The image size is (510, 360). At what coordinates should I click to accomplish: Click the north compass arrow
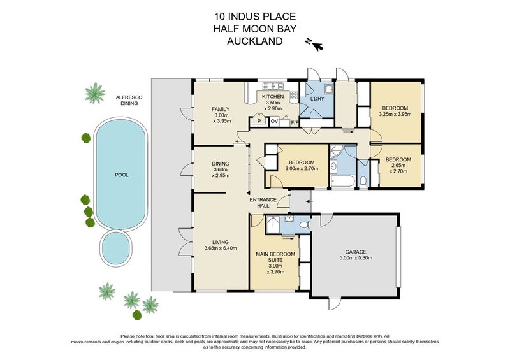click(x=318, y=47)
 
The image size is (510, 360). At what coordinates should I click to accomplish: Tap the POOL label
click(x=122, y=175)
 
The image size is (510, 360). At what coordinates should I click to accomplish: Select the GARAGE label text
click(x=356, y=252)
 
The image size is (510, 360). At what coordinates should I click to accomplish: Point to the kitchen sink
click(x=273, y=86)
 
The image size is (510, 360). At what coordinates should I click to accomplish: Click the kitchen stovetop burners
click(x=294, y=96)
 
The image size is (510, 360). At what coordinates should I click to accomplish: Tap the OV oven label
click(x=275, y=122)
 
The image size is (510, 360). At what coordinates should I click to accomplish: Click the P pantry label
click(x=259, y=122)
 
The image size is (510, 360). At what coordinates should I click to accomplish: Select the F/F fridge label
click(x=295, y=123)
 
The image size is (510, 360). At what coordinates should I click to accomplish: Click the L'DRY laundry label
click(x=317, y=99)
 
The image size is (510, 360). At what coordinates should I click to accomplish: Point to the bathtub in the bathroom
click(x=342, y=181)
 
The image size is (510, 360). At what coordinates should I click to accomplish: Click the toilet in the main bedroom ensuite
click(x=305, y=225)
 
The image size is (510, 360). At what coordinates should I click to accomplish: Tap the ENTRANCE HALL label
click(x=263, y=203)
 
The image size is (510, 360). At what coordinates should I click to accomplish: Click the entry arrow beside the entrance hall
click(x=309, y=201)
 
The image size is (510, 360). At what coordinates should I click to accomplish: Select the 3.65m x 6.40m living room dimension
click(x=221, y=248)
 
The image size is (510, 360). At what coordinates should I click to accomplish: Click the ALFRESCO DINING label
click(x=129, y=101)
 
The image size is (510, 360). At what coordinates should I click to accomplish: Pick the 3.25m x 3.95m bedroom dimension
click(x=395, y=114)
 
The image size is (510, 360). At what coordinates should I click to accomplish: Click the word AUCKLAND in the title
click(x=254, y=41)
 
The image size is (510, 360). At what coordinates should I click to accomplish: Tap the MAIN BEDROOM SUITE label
click(x=275, y=257)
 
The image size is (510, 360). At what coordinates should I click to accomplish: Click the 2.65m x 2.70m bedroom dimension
click(x=398, y=168)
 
